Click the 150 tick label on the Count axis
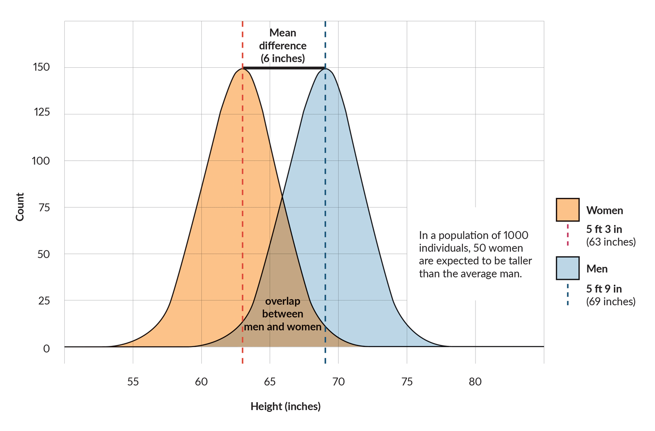pos(41,67)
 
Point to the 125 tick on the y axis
pos(42,112)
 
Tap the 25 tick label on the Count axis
pos(44,301)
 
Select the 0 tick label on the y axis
pos(46,348)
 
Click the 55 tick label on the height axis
pos(133,382)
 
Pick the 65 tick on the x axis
pos(270,382)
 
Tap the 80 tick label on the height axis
pos(475,382)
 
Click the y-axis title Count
pos(20,207)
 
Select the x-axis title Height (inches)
pos(286,407)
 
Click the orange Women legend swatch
pos(567,210)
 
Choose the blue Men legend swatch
pos(567,268)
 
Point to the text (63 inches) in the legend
pos(611,242)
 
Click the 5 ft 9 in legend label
pos(604,289)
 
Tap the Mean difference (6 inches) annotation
pos(283,45)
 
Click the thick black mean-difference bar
pos(284,68)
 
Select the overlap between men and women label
pos(283,314)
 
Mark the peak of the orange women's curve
pos(242,69)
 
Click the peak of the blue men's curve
pos(325,69)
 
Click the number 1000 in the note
pos(516,235)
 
